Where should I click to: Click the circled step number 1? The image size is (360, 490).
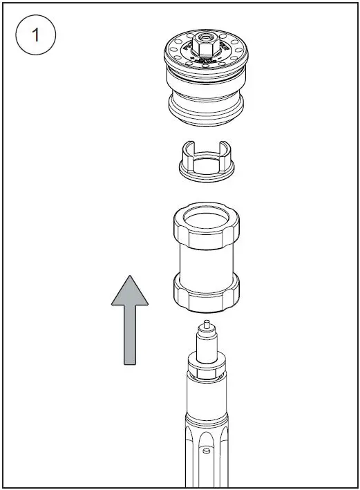(35, 37)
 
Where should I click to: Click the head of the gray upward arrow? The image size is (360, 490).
(130, 290)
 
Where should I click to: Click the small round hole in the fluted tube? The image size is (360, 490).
(207, 450)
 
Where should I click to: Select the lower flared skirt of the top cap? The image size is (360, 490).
(205, 107)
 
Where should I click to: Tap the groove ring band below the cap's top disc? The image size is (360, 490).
(205, 82)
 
